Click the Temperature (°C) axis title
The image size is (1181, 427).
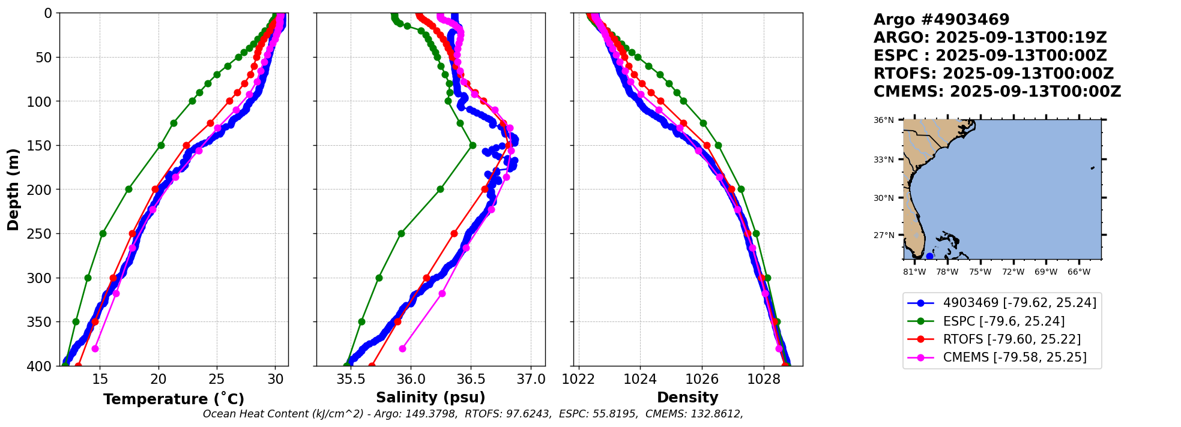[174, 399]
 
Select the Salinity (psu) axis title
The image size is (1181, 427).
[430, 397]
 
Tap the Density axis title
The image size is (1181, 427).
[687, 397]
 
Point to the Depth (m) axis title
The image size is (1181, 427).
[13, 189]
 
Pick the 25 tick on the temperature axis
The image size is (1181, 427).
[217, 379]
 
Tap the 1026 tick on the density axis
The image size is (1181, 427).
[702, 379]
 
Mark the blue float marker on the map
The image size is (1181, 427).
[929, 256]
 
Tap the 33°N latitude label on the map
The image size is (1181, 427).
[883, 160]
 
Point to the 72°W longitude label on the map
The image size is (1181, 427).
[1013, 272]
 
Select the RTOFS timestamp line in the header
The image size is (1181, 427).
[993, 74]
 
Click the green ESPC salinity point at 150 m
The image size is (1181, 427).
[473, 145]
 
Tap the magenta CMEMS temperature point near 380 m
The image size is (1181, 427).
[95, 348]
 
